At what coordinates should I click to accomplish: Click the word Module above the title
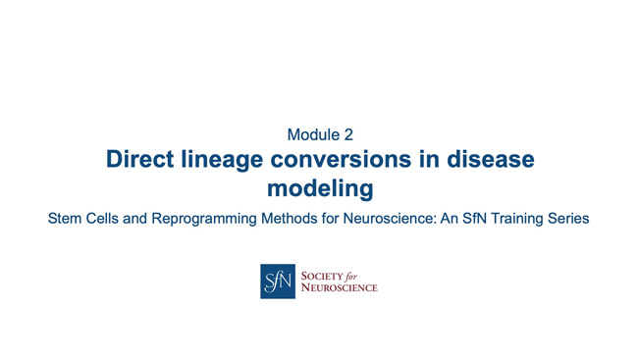click(x=309, y=134)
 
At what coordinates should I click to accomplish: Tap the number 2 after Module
click(x=347, y=134)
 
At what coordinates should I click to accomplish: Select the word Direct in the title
click(x=140, y=159)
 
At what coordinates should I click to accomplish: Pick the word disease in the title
click(x=493, y=159)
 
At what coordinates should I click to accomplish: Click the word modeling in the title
click(x=320, y=186)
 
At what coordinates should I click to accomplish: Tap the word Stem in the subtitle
click(x=64, y=219)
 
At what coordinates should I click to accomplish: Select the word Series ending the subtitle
click(x=570, y=219)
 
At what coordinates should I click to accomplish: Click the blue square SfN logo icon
click(x=277, y=281)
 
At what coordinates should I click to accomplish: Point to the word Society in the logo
click(x=321, y=275)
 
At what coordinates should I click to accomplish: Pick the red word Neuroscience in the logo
click(x=338, y=287)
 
